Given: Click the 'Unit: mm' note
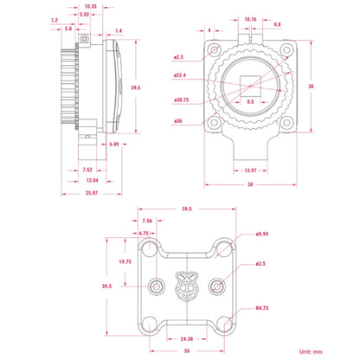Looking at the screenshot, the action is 311,351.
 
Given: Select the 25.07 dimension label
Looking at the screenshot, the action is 92,193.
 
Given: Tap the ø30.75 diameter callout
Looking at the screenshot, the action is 182,100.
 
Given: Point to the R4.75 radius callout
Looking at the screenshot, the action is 262,308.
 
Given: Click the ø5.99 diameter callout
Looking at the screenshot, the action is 262,234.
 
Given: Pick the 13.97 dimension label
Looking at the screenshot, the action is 250,170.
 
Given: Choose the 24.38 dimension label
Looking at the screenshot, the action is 187,338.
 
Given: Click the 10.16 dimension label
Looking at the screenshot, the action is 250,19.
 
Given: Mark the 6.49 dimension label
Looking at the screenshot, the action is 114,144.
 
